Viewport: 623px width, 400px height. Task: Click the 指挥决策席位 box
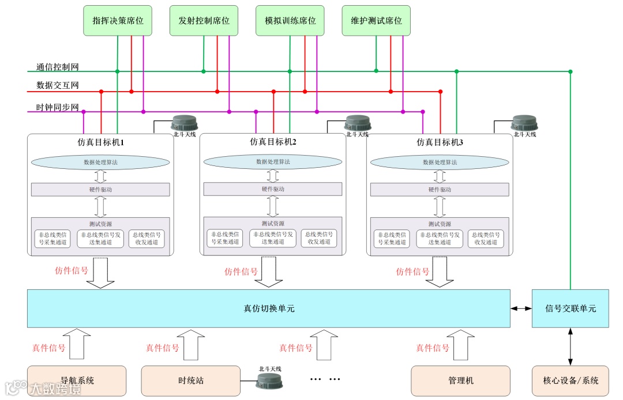point(118,21)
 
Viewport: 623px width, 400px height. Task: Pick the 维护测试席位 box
point(376,21)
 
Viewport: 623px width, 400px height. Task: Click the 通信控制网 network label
point(58,67)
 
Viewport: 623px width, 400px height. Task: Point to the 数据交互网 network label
point(58,86)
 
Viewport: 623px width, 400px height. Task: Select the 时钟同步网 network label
point(58,108)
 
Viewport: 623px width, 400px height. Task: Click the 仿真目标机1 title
point(101,141)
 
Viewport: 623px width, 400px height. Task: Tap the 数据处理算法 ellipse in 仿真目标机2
point(273,162)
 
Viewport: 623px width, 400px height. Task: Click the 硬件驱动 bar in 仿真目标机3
point(440,190)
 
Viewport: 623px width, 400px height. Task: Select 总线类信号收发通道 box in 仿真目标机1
point(147,239)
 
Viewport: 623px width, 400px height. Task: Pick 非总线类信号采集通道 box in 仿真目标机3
point(392,239)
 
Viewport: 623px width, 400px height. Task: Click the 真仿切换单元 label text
point(269,308)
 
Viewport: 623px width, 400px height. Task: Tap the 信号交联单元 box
point(570,308)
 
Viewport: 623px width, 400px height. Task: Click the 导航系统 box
point(77,380)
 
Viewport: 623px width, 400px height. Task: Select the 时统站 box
point(190,380)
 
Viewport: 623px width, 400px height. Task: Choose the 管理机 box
point(460,380)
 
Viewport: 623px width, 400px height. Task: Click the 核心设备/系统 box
point(570,380)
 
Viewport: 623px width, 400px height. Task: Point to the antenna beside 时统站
point(269,380)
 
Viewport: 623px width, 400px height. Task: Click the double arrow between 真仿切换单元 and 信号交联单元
point(521,308)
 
